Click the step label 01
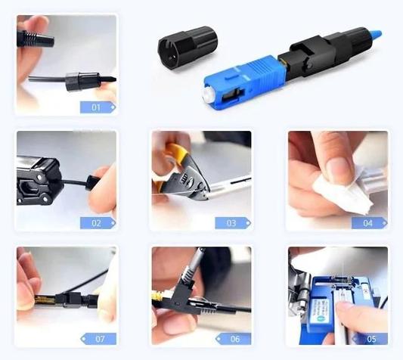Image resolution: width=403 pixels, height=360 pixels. (x=98, y=107)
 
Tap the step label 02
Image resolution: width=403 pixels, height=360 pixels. (x=98, y=223)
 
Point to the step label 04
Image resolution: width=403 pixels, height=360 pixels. (x=368, y=223)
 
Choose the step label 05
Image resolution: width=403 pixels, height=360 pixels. (x=368, y=339)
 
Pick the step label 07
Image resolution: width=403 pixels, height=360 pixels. (x=98, y=339)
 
